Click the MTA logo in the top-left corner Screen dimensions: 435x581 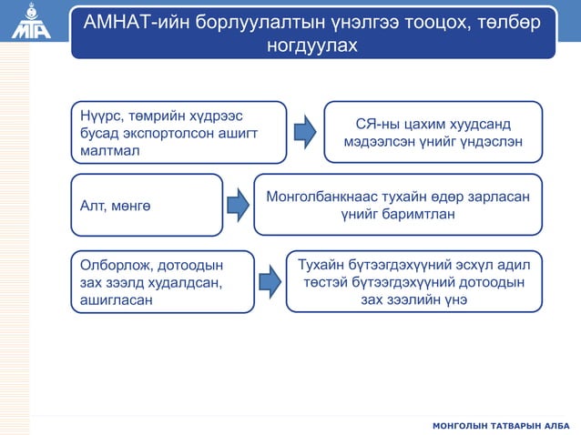tap(31, 23)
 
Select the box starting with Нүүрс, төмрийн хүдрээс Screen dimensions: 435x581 tap(178, 132)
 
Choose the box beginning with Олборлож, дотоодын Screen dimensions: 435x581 tap(162, 281)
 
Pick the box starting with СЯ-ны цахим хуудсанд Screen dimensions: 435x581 tap(433, 132)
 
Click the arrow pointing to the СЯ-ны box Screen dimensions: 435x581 tap(307, 131)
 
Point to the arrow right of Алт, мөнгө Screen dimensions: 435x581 tap(238, 206)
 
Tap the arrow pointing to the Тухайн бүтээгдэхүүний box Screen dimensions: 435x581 tap(268, 282)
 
